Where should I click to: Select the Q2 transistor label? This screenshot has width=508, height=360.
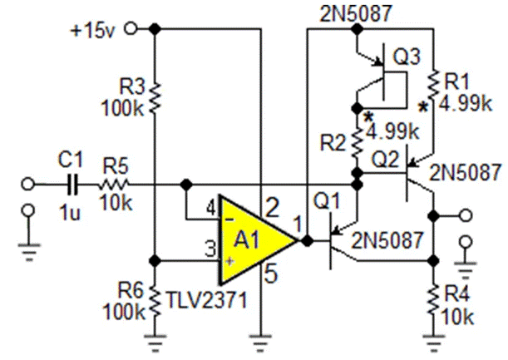pyautogui.click(x=388, y=158)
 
